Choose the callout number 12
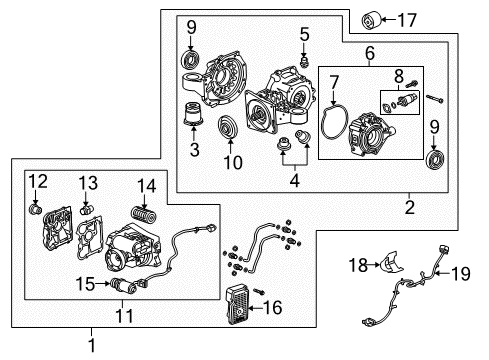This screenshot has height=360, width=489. (x=38, y=180)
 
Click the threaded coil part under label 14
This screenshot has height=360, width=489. (x=145, y=214)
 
